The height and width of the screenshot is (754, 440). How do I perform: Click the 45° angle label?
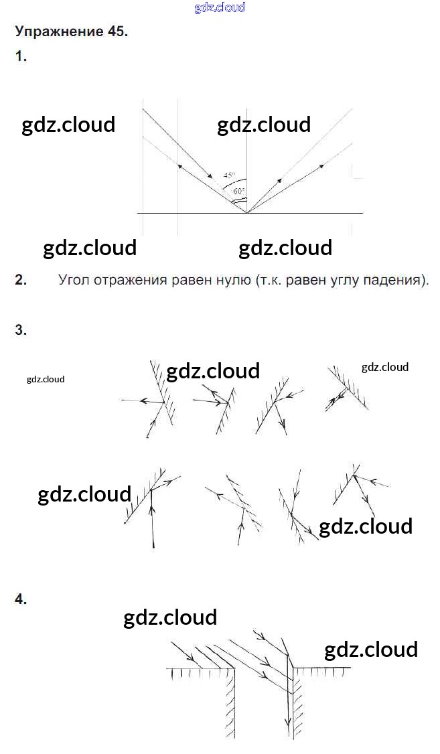click(x=229, y=175)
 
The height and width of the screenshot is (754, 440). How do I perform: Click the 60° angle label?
click(x=238, y=191)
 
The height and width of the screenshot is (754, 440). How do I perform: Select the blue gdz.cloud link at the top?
click(x=220, y=7)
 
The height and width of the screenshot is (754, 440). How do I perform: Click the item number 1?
click(x=21, y=56)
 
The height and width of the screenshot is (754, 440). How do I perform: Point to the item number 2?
click(x=21, y=280)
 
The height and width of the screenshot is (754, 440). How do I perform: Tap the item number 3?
click(x=21, y=330)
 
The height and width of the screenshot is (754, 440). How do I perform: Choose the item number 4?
click(x=21, y=599)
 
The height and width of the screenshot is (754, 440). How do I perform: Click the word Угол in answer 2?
click(x=73, y=280)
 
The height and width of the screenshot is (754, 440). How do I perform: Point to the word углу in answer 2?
click(x=334, y=281)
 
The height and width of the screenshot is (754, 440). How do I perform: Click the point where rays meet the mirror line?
click(x=246, y=212)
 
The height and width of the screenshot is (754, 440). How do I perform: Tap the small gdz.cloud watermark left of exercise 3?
click(x=46, y=380)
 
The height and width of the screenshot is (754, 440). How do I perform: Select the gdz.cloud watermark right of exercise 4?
click(x=371, y=650)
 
